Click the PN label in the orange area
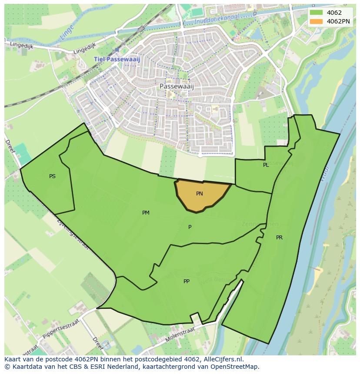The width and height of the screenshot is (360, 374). click(200, 194)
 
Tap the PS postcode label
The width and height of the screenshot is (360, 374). click(52, 176)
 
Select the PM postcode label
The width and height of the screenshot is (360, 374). click(146, 213)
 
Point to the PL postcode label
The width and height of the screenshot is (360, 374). click(266, 165)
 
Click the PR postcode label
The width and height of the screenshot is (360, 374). click(279, 238)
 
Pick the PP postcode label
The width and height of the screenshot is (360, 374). click(187, 281)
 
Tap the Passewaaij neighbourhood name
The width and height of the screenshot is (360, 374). click(177, 86)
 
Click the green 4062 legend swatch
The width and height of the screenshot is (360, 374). click(317, 13)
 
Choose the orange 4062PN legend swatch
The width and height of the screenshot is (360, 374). click(317, 21)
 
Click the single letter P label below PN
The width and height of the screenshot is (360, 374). click(190, 227)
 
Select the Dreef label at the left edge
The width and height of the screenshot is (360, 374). click(10, 146)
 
